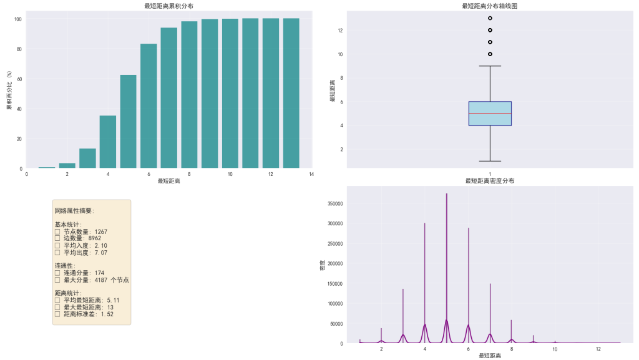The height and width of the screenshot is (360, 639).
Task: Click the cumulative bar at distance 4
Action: tap(108, 142)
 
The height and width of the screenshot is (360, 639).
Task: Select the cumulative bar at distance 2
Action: tap(67, 165)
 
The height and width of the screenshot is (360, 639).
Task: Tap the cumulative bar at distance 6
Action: tap(149, 106)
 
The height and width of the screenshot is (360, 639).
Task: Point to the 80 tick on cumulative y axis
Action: tap(19, 49)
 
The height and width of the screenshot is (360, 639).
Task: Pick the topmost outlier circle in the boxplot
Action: tap(490, 18)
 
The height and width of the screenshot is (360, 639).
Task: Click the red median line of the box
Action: tap(490, 114)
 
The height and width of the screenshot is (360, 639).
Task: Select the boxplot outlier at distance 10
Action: tap(490, 54)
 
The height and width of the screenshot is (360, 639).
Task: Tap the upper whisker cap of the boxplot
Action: tap(490, 66)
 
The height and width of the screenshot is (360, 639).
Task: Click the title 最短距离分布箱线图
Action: tap(490, 6)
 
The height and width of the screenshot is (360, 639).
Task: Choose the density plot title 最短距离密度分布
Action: tap(490, 181)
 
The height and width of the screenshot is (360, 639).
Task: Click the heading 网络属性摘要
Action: tap(74, 211)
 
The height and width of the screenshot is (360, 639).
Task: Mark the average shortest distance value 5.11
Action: tap(110, 300)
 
